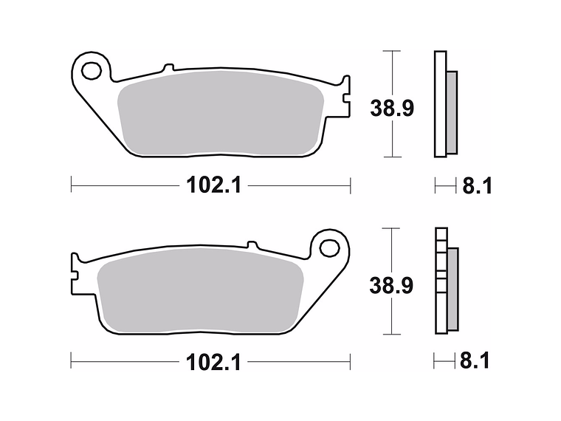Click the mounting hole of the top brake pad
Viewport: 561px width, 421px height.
point(92,72)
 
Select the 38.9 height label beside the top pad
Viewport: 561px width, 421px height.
point(391,108)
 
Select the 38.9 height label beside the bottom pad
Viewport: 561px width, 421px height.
point(391,284)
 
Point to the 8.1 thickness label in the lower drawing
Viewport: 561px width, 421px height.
point(475,362)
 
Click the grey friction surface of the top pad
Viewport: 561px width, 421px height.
point(214,114)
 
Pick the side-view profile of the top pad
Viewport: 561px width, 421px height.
point(444,104)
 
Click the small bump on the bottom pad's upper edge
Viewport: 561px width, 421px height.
point(251,244)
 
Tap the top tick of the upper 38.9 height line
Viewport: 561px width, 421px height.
point(391,52)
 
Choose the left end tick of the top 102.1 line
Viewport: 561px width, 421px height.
point(71,185)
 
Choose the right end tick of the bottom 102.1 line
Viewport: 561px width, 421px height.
point(350,362)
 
